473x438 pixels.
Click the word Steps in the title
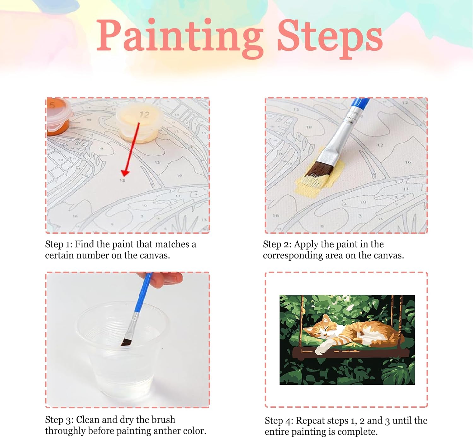(x=330, y=38)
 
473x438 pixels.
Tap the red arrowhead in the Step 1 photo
(x=125, y=173)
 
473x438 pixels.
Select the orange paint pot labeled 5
(x=58, y=117)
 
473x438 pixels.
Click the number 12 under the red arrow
(x=122, y=181)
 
